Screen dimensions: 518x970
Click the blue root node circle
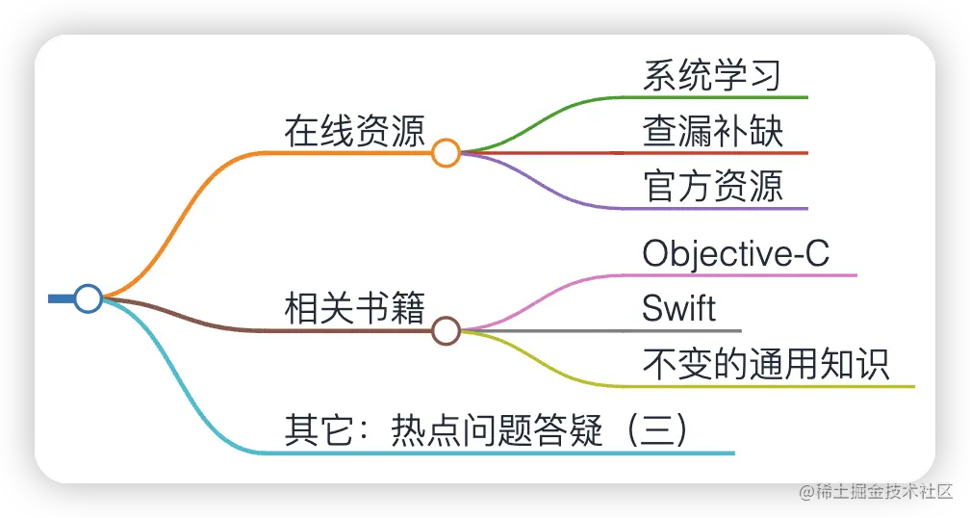89,298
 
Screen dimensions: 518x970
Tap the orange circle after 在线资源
446,153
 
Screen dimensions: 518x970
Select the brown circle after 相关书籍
446,331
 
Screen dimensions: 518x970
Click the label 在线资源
354,132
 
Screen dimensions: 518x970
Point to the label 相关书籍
354,310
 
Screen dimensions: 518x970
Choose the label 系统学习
711,76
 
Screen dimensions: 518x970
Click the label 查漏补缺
713,132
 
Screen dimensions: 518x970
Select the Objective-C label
735,254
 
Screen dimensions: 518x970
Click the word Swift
678,309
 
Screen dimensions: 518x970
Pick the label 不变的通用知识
766,365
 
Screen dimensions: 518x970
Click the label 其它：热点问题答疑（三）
486,430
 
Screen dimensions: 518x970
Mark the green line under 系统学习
731,97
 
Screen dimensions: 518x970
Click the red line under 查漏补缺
731,153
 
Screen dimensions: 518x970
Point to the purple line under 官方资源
731,208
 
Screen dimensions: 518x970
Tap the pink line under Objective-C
751,275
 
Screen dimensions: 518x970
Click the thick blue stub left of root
61,298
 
